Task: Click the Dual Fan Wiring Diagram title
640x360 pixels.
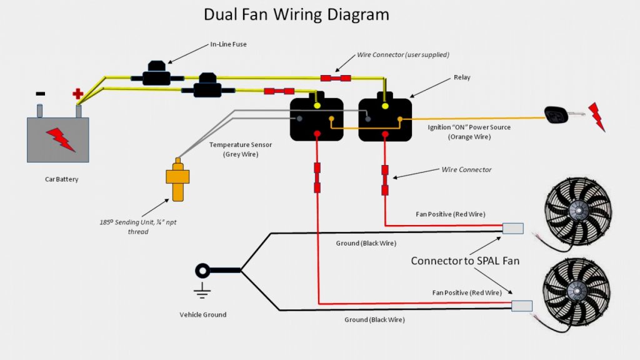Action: click(296, 14)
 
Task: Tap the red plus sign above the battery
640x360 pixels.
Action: click(77, 94)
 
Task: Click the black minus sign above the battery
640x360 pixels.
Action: click(40, 94)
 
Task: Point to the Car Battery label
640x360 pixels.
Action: click(61, 179)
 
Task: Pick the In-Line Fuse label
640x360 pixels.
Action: click(228, 45)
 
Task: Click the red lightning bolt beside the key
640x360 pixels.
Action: click(597, 116)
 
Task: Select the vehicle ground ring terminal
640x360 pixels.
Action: click(203, 271)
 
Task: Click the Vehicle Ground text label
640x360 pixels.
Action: click(202, 314)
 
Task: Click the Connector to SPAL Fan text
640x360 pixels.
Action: click(465, 261)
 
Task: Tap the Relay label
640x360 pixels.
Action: click(462, 77)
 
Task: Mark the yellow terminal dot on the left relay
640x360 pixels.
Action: click(317, 105)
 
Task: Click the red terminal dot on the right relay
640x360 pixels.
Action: click(385, 133)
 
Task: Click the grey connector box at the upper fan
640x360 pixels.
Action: click(513, 228)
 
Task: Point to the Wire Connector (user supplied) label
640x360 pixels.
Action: click(403, 55)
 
